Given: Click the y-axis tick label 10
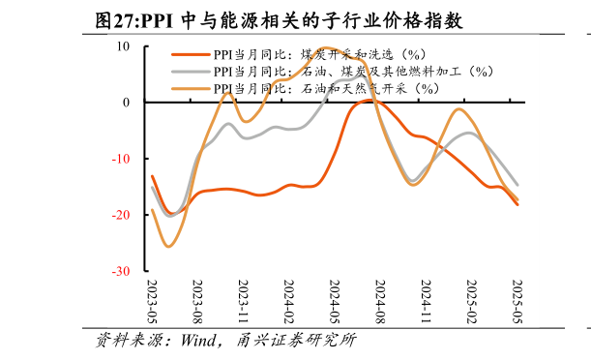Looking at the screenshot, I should coord(124,45).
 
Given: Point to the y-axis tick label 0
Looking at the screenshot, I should coord(127,102).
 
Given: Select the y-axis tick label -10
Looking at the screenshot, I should coord(121,159).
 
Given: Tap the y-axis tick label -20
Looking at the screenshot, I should coord(121,215).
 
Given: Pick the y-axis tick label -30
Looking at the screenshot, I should coord(121,272).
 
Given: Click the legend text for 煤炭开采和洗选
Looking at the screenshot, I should coord(319,55).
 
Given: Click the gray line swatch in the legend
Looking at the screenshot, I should coord(191,72).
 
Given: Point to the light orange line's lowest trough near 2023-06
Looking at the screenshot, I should coord(168,246).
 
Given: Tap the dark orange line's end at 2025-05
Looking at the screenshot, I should coord(517,204).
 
